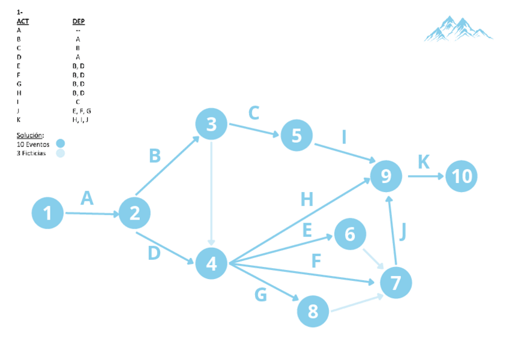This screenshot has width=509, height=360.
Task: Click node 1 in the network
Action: (47, 213)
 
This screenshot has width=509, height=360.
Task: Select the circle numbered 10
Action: (462, 176)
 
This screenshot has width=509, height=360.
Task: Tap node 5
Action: (297, 135)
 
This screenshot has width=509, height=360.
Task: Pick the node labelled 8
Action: (313, 311)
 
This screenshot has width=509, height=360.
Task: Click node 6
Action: (350, 234)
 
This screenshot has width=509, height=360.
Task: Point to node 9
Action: (386, 176)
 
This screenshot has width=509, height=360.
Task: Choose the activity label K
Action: (424, 161)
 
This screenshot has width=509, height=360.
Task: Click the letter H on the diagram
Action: (307, 199)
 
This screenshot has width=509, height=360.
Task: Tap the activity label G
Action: (261, 295)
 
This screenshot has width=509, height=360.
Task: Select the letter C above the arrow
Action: (254, 113)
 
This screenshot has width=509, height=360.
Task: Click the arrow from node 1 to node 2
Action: (91, 213)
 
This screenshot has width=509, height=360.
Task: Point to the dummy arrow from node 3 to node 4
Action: (211, 192)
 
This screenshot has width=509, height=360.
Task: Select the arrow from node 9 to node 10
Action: (425, 176)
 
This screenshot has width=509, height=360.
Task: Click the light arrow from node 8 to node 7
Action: (357, 303)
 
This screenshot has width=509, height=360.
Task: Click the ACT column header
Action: (23, 21)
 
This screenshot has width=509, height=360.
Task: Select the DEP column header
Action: (78, 21)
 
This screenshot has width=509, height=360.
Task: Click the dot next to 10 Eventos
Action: (60, 143)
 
